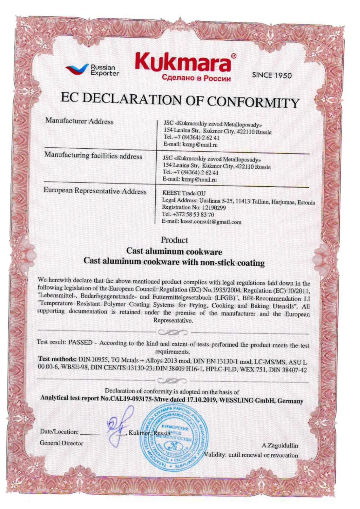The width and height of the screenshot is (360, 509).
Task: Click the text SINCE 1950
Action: (272, 75)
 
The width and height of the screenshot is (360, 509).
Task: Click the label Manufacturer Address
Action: (79, 121)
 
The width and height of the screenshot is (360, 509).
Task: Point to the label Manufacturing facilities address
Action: (93, 156)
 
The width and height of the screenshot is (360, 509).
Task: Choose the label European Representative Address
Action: (95, 191)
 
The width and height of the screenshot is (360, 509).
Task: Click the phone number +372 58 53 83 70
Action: (194, 214)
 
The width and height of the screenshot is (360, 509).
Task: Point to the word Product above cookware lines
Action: (174, 240)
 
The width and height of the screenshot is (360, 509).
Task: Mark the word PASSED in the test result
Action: (80, 342)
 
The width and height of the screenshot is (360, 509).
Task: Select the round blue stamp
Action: (175, 436)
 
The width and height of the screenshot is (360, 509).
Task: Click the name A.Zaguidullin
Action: (280, 445)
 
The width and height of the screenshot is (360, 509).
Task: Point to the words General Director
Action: (61, 443)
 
